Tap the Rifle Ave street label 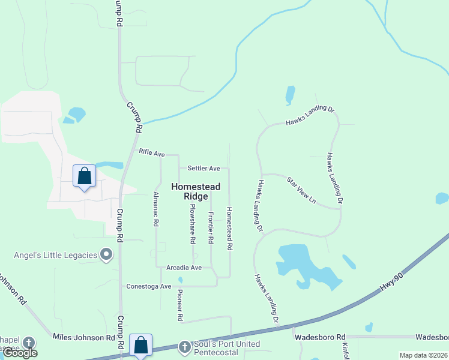(x=151, y=154)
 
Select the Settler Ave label (x=203, y=169)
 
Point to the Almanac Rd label (x=155, y=209)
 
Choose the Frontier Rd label (x=211, y=227)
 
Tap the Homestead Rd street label (x=229, y=229)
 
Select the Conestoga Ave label (x=148, y=287)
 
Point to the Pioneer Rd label (x=179, y=304)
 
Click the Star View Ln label (x=301, y=190)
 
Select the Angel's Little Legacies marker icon (x=107, y=256)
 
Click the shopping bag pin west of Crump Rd (x=84, y=176)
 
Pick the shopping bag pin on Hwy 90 (x=140, y=345)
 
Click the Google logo (x=20, y=353)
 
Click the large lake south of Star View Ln (x=300, y=261)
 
